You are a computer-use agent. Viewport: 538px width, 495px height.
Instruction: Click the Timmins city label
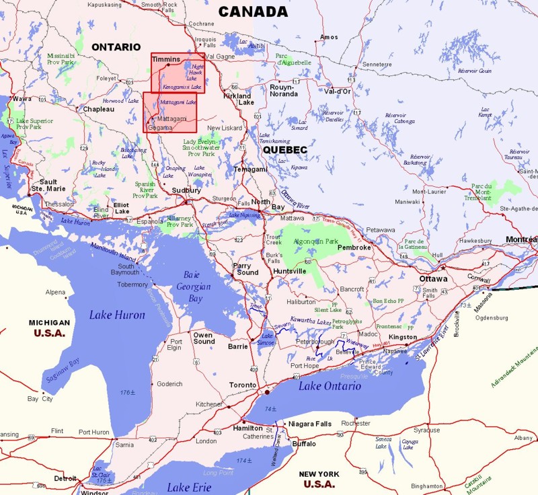[x=166, y=60]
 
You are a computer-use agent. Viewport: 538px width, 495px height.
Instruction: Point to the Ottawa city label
[x=433, y=278]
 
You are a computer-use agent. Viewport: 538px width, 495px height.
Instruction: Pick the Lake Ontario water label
[x=330, y=386]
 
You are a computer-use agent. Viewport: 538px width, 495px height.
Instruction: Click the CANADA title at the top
[x=253, y=12]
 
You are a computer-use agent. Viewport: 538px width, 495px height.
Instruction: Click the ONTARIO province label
[x=116, y=47]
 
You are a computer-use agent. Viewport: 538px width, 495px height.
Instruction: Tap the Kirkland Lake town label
[x=237, y=99]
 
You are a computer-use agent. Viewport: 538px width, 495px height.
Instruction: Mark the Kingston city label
[x=403, y=336]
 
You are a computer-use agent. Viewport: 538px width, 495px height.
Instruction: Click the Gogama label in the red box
[x=160, y=126]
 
